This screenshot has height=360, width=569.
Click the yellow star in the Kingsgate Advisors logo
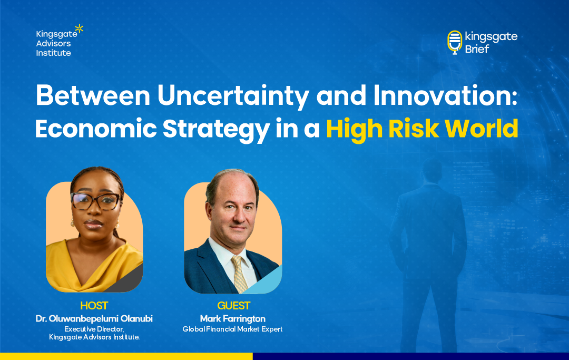click(x=79, y=28)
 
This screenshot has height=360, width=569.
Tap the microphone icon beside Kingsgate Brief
click(x=455, y=42)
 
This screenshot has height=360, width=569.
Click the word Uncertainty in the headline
click(x=233, y=96)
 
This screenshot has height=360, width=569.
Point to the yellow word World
click(x=482, y=129)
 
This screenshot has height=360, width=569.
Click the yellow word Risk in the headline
click(x=414, y=129)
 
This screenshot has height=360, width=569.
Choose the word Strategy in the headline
click(x=216, y=130)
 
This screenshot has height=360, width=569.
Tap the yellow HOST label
click(x=94, y=306)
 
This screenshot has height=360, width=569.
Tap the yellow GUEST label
click(x=234, y=306)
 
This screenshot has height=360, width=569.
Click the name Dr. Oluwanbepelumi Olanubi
click(x=94, y=319)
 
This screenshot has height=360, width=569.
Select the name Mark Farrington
click(x=233, y=319)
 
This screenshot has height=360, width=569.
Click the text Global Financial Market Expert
click(x=233, y=329)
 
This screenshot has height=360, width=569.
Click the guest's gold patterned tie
click(x=240, y=274)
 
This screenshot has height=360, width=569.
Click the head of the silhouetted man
click(x=432, y=171)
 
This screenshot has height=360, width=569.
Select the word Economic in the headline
click(x=96, y=129)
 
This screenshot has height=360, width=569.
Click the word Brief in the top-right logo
click(x=477, y=49)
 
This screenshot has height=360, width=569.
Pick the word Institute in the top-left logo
click(x=53, y=53)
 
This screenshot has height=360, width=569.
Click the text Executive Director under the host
click(x=94, y=329)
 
